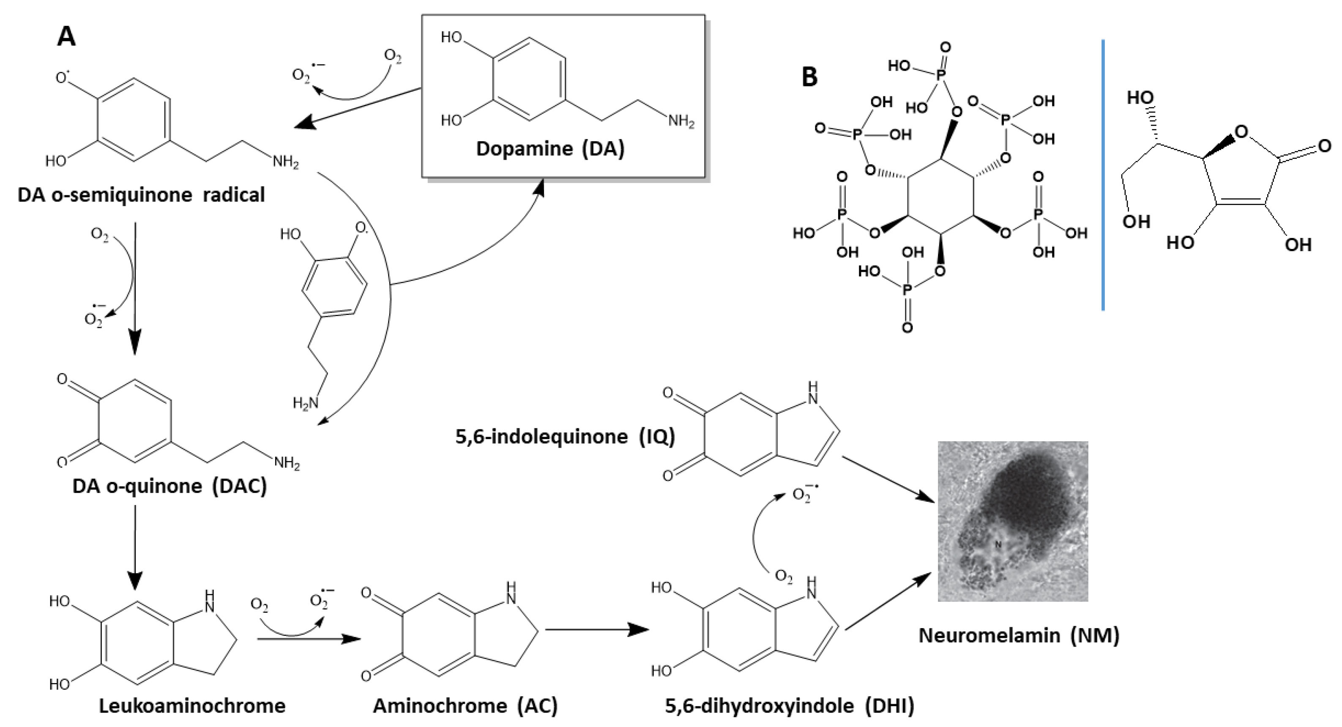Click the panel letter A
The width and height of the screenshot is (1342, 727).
click(66, 37)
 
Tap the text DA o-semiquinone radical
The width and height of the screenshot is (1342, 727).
click(141, 195)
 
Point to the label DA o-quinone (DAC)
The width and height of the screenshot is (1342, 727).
click(169, 486)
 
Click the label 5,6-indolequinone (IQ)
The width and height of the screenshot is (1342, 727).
click(565, 436)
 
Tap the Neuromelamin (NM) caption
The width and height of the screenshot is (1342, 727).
click(1019, 635)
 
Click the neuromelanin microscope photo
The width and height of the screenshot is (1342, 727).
click(1013, 521)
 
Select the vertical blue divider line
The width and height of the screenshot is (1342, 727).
click(1103, 175)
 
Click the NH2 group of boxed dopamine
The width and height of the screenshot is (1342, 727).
click(681, 122)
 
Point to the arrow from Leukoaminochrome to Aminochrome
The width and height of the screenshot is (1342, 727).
click(309, 639)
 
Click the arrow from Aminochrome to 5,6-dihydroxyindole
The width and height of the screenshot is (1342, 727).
click(596, 630)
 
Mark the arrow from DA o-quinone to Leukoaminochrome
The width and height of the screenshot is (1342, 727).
click(135, 547)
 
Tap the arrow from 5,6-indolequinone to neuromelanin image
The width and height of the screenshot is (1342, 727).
click(886, 479)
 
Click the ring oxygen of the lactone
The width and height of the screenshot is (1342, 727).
click(1241, 132)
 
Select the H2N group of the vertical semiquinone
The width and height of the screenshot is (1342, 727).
click(305, 402)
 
